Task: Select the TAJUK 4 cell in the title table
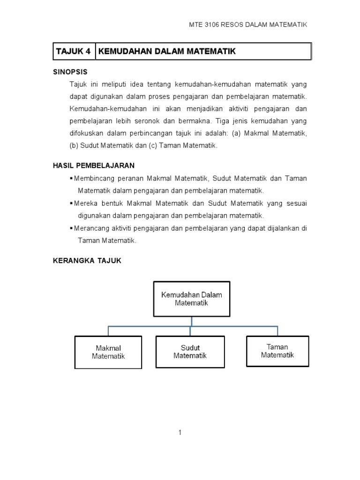click(x=73, y=52)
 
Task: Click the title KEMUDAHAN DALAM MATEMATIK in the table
click(x=167, y=52)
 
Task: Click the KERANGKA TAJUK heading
click(x=87, y=261)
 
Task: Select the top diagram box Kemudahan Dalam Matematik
click(x=192, y=299)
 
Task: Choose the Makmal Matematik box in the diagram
click(x=108, y=352)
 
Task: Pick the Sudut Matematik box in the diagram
click(x=190, y=352)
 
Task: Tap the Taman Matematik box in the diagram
click(x=277, y=351)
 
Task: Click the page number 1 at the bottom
click(x=180, y=433)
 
